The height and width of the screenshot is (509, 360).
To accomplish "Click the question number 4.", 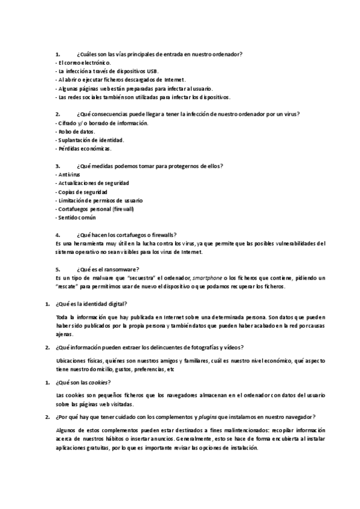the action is pos(58,235).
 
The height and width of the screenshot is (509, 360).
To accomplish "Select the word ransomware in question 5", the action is pos(124,270).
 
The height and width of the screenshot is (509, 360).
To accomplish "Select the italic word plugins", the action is pos(208,417).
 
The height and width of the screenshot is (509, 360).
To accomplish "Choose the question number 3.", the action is pos(58,166).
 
